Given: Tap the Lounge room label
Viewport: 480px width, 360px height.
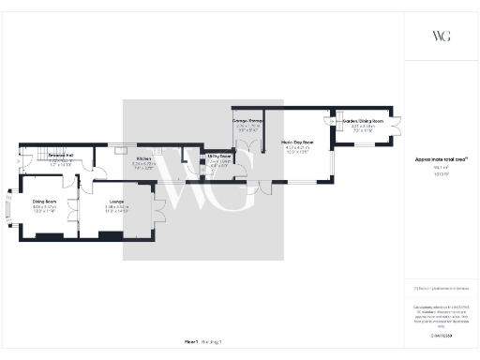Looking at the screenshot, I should [x=116, y=201].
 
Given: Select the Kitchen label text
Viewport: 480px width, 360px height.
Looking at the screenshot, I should [x=143, y=159].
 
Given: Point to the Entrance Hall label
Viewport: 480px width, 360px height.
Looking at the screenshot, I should [x=61, y=156].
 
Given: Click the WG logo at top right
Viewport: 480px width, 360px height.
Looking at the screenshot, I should [x=441, y=37].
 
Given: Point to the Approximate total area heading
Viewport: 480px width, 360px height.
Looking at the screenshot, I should [x=440, y=159].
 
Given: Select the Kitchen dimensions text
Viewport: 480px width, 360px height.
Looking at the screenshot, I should [x=143, y=166].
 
